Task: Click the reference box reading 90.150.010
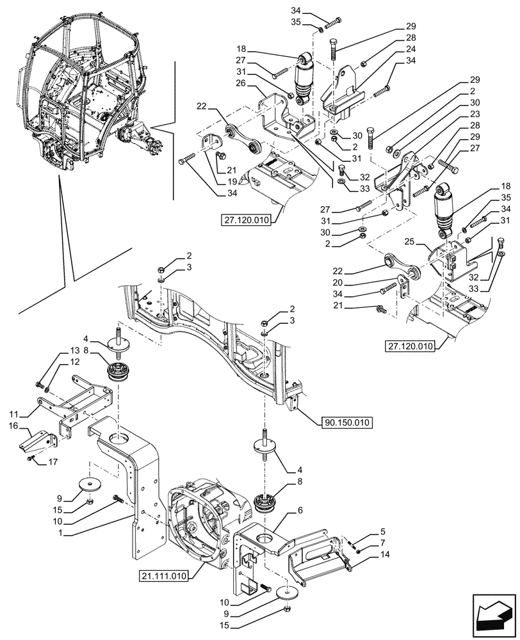(x=345, y=422)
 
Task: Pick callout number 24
(x=410, y=49)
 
